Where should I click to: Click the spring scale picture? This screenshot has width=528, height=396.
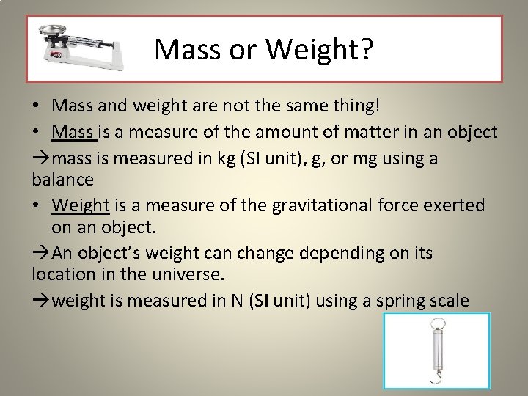(x=436, y=353)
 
